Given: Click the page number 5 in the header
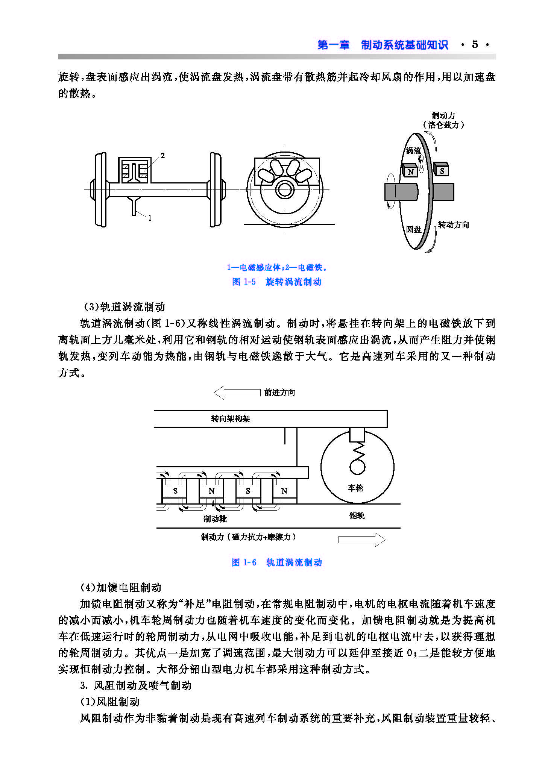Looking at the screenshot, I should (475, 45).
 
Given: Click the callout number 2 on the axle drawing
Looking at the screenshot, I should (162, 156).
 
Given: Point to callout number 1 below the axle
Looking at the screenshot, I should (150, 218).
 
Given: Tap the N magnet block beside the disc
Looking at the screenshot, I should (410, 171).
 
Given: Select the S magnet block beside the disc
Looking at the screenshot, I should (442, 170).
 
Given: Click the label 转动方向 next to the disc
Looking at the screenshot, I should (454, 225).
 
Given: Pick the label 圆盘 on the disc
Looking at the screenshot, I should (413, 229).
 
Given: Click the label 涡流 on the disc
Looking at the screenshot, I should (413, 151).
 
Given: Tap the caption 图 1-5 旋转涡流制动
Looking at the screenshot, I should (277, 282).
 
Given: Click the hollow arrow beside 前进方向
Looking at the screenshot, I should (237, 393).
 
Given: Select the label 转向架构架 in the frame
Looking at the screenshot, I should (231, 419).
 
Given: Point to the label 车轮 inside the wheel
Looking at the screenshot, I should (355, 488).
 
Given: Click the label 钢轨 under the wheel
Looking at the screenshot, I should (357, 515).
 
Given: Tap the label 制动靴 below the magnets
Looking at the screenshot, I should (215, 519).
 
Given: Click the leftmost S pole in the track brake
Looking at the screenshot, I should (175, 491).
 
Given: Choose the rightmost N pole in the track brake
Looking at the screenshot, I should (284, 491).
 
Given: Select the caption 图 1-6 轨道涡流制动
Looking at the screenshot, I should (277, 562).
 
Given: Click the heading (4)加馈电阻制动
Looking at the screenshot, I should (121, 587).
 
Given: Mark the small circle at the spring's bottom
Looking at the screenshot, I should (357, 467).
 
